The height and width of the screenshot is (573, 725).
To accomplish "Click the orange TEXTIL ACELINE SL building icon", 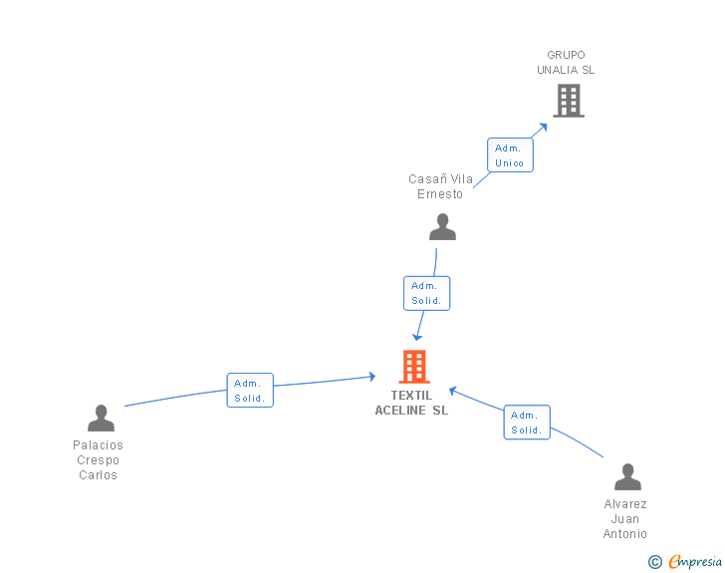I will point(413,367).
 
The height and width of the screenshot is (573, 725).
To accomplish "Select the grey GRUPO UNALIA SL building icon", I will point(568,101).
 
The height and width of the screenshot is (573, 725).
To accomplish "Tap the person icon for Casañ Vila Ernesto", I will point(442,227).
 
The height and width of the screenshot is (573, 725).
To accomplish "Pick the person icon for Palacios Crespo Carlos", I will point(101,419).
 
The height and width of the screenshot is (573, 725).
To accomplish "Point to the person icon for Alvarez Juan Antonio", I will point(626,477).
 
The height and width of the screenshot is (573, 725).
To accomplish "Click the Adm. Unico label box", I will point(509,155).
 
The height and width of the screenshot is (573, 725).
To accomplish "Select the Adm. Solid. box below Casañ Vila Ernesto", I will point(426,293).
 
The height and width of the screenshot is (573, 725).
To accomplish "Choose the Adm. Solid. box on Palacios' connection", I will point(249,391).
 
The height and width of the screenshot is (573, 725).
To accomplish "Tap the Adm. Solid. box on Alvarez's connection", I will point(526,423).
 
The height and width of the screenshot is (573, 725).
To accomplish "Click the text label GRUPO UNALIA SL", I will point(566,63).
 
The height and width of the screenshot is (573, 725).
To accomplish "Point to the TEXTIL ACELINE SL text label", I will point(411,403).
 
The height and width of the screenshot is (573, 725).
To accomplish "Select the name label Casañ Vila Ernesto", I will point(440,186).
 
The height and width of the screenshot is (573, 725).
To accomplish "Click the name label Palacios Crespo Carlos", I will point(99,460).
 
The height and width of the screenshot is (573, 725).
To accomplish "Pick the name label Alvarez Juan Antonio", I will point(625,518).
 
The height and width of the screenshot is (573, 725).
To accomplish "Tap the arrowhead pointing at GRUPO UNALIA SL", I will point(543,128).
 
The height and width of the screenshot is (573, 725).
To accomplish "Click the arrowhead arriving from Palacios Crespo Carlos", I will point(371,376).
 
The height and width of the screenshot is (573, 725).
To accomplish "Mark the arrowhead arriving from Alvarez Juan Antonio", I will point(452,390).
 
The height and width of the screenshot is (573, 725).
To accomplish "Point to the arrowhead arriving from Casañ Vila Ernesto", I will point(418,337).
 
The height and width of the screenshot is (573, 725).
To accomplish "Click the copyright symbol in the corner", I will point(655,562).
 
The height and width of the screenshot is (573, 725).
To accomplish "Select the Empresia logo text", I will point(695,561).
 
